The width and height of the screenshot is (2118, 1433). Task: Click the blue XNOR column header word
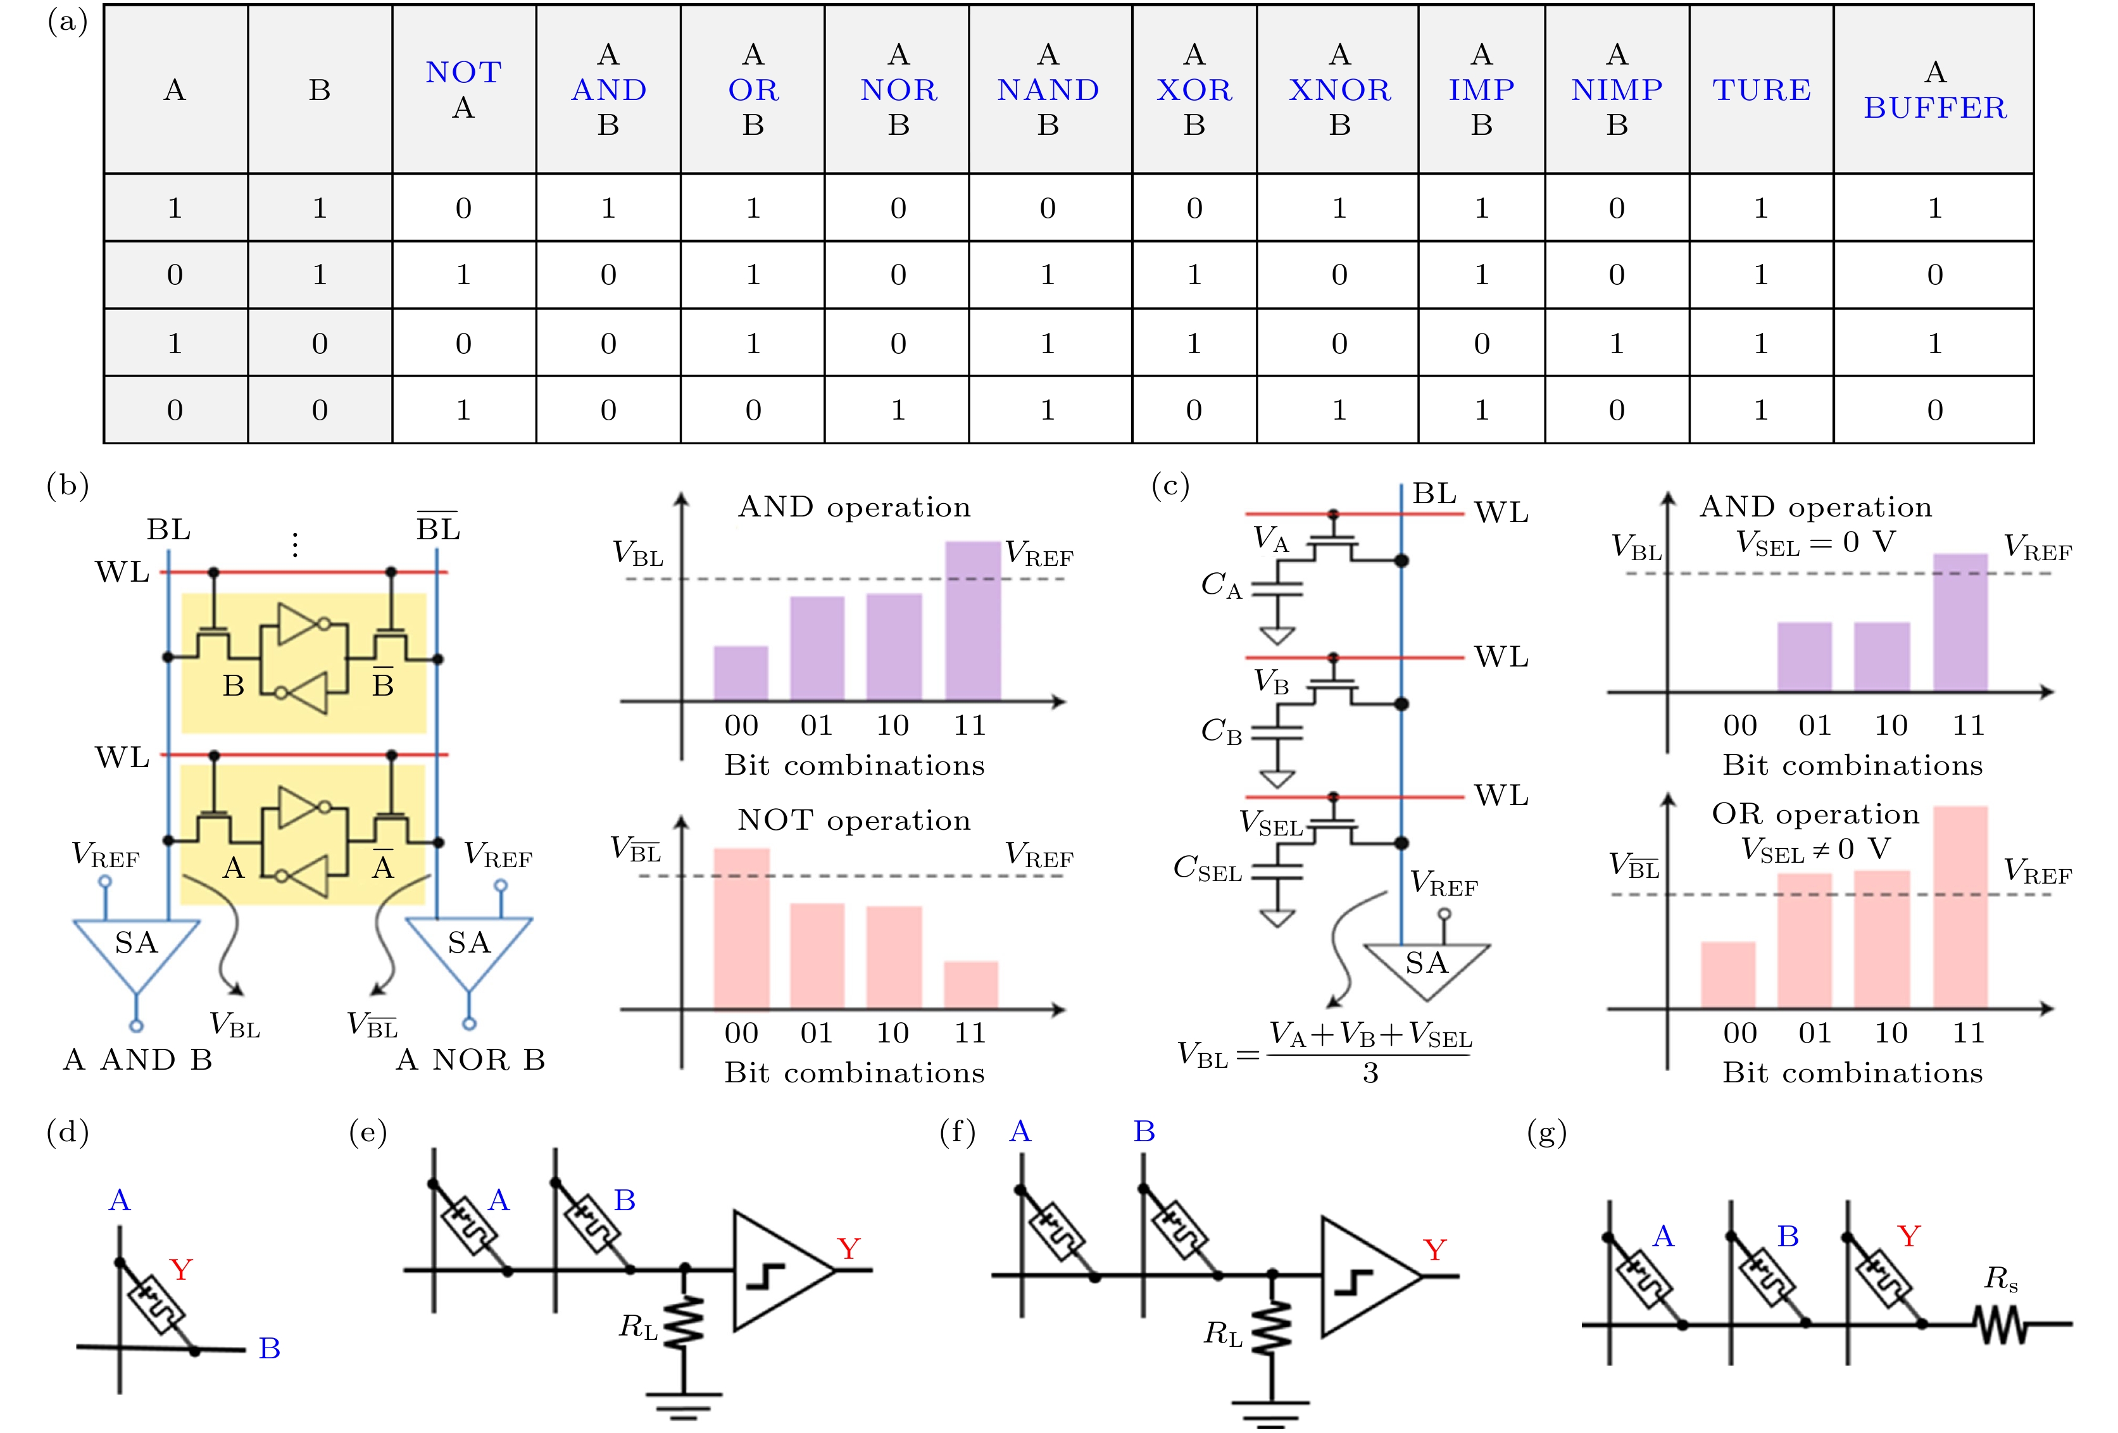click(x=1339, y=89)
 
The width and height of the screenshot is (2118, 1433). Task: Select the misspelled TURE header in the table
click(x=1761, y=89)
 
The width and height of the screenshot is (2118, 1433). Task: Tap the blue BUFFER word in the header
click(x=1934, y=108)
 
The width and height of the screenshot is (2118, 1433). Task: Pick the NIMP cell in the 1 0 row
click(x=1616, y=343)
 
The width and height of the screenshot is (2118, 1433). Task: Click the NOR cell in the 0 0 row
click(x=898, y=410)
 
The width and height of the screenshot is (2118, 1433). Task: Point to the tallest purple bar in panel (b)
click(x=972, y=620)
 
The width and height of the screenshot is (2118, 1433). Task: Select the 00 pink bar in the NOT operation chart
click(x=741, y=928)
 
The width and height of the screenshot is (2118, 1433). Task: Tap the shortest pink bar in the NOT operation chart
click(x=970, y=984)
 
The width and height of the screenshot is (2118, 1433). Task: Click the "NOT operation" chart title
click(x=854, y=820)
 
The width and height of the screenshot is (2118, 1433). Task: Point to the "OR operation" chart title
click(x=1815, y=814)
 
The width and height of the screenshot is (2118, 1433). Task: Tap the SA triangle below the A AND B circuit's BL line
click(x=136, y=948)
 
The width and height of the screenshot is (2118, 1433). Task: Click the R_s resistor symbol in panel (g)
click(x=2000, y=1323)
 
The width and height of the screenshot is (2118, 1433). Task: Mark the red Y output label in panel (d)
click(x=180, y=1269)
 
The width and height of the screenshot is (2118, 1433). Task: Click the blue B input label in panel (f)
click(x=1144, y=1131)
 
